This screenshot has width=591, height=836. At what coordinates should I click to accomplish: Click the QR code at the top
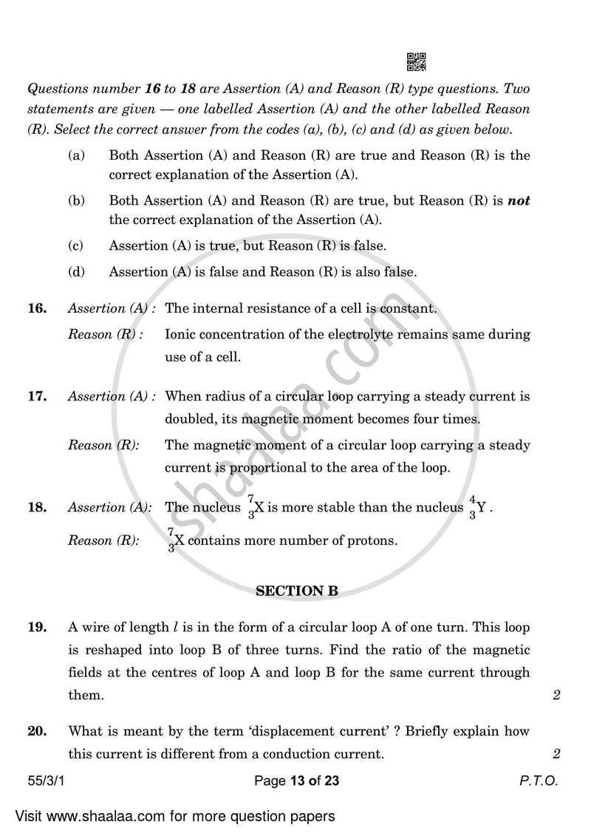point(417,62)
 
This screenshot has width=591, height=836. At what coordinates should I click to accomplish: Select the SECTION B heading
point(296,591)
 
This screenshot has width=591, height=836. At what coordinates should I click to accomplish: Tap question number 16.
point(38,309)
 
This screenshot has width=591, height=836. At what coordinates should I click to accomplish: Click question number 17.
point(38,396)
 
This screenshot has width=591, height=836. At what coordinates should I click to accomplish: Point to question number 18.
point(38,507)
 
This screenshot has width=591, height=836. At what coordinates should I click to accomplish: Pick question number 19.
point(38,628)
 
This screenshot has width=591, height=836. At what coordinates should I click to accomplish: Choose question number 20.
point(38,731)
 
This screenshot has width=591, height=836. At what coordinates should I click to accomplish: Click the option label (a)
point(75,155)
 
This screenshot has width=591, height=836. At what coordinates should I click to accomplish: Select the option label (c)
point(75,245)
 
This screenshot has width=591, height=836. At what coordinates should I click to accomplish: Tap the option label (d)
point(75,272)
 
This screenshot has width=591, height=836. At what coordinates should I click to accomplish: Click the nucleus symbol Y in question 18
point(481,508)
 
